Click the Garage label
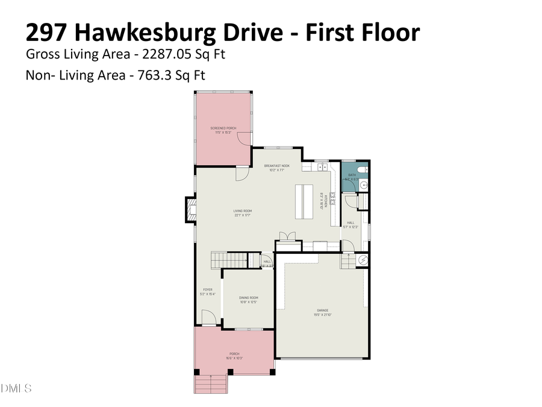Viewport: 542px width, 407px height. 323,311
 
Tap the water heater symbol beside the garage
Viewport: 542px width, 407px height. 364,260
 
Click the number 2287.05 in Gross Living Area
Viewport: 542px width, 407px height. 166,54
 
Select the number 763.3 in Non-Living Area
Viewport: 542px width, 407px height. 148,76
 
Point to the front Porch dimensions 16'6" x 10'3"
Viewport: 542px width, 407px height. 234,358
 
